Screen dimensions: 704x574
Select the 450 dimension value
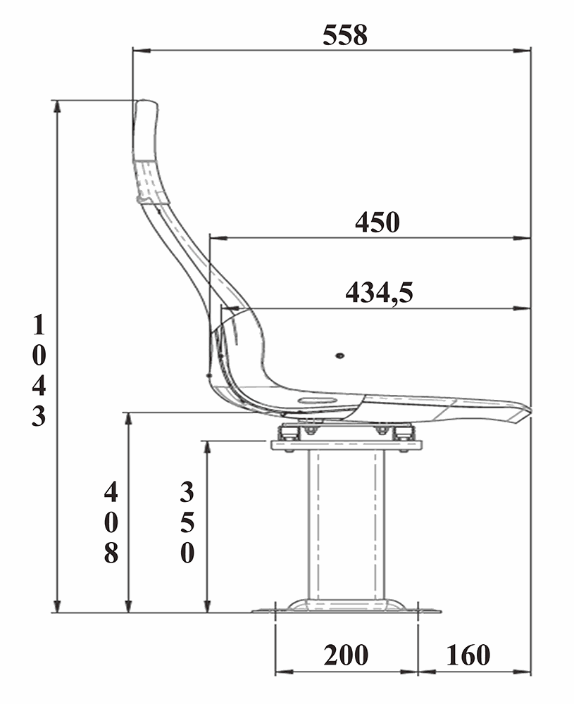click(378, 222)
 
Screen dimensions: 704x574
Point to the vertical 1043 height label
click(39, 371)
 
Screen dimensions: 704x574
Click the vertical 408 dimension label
click(111, 522)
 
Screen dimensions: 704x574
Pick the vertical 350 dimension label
click(187, 522)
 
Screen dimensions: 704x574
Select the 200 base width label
click(346, 655)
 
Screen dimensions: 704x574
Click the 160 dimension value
click(468, 655)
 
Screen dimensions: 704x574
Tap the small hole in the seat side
click(339, 356)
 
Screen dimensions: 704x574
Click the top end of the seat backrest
click(146, 104)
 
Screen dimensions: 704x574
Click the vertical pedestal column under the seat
click(347, 524)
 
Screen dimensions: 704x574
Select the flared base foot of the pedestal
click(346, 605)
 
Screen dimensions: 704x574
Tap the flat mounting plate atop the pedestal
click(346, 445)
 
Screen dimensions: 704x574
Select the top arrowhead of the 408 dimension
click(128, 417)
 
